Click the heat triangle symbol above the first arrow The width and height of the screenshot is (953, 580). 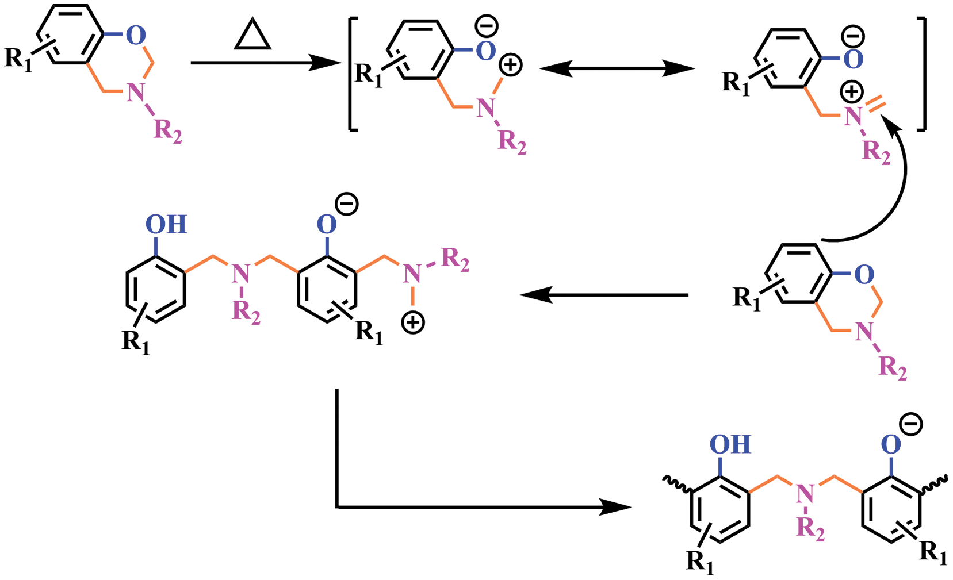[253, 37]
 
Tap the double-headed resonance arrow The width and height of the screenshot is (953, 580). [617, 69]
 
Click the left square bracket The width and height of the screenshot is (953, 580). [352, 75]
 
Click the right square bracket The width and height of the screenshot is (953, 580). [923, 75]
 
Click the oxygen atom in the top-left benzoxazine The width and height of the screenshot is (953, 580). [136, 36]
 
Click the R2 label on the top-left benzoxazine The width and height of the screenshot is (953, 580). [167, 131]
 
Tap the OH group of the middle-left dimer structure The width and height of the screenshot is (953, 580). [166, 224]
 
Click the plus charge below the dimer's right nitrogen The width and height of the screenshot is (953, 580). [413, 322]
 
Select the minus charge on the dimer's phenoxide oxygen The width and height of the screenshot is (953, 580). [347, 204]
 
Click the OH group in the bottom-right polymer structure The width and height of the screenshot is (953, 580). [730, 444]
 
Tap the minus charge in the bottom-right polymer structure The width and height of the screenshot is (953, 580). [911, 425]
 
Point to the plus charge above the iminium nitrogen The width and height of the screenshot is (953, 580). [852, 91]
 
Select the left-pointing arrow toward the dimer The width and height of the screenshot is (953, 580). [604, 295]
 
